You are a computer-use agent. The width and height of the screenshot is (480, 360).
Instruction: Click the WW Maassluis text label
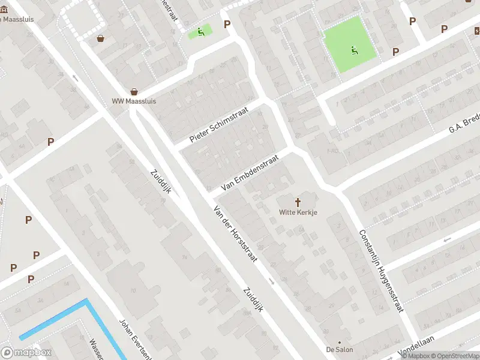[134, 101]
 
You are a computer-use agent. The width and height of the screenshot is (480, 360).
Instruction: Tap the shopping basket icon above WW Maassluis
[134, 92]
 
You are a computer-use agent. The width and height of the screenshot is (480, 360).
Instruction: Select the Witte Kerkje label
[298, 212]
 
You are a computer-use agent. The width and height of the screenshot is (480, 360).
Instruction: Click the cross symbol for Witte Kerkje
[298, 203]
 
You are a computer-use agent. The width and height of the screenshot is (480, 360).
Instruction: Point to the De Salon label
[340, 349]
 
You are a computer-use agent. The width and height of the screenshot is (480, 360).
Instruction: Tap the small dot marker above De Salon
[340, 340]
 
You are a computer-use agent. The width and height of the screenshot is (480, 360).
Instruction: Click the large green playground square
[350, 44]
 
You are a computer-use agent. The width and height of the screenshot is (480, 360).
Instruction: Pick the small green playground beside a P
[200, 32]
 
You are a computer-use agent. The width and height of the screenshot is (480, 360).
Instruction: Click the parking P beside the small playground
[227, 24]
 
